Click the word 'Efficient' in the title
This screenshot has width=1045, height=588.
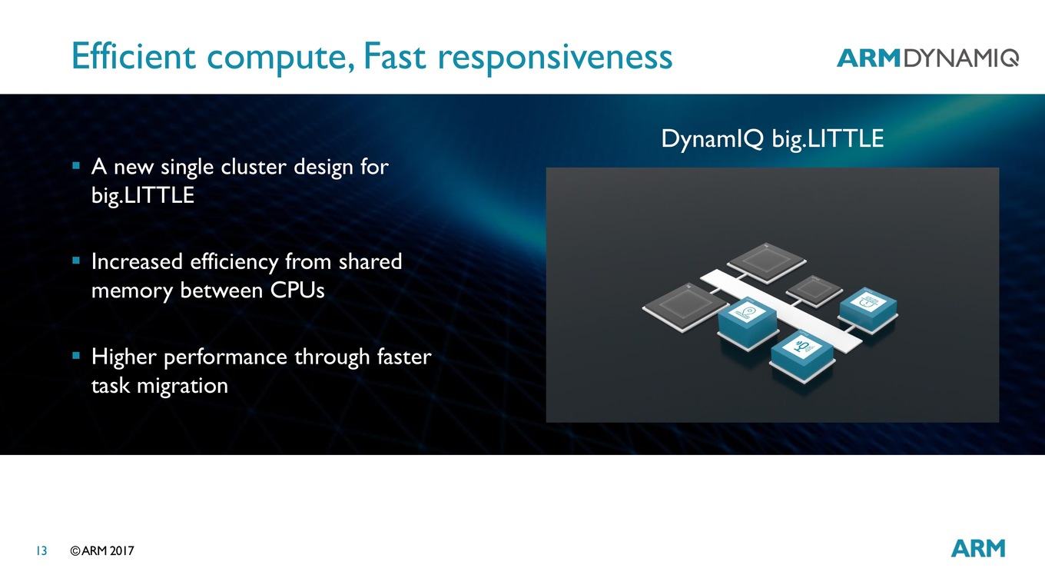click(x=134, y=56)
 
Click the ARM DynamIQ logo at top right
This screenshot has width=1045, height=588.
click(x=927, y=58)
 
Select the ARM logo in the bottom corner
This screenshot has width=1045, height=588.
click(x=978, y=548)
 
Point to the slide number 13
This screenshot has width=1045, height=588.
click(x=41, y=551)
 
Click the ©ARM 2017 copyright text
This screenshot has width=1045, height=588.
click(x=101, y=551)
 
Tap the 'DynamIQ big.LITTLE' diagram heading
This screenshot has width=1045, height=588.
click(x=772, y=139)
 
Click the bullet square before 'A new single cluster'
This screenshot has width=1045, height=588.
click(x=77, y=165)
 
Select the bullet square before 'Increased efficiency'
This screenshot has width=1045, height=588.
click(x=77, y=261)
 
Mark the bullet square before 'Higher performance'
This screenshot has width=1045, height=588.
click(x=77, y=356)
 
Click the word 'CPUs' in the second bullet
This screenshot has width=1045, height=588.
click(x=297, y=291)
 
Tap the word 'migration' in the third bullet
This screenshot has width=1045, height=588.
click(x=182, y=387)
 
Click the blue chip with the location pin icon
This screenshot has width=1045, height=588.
click(x=748, y=322)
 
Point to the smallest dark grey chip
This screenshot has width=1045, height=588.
click(x=814, y=291)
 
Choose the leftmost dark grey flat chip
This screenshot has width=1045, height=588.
click(x=685, y=307)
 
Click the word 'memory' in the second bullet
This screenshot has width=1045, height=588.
click(x=131, y=291)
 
